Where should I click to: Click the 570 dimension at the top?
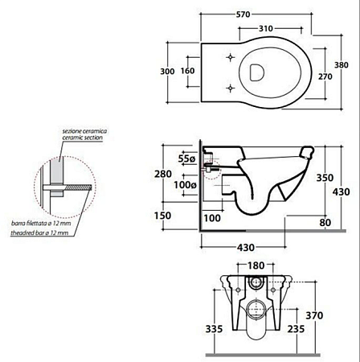[243, 14]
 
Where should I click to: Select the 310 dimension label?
[266, 28]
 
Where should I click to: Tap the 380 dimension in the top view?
[342, 65]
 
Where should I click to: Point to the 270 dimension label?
[325, 76]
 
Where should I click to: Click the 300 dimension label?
[167, 72]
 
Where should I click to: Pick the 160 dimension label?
[187, 71]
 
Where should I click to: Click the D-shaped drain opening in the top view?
[257, 72]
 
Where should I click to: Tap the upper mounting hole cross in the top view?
[231, 57]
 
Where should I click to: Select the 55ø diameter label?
[187, 158]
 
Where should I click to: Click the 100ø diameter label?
[186, 185]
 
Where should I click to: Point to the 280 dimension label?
[163, 174]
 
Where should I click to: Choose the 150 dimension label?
[162, 216]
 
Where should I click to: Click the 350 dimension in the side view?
[325, 178]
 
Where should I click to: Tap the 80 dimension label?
[325, 222]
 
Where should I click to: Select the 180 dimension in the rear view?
[256, 265]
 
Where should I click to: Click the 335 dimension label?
[214, 329]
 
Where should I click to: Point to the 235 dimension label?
[296, 329]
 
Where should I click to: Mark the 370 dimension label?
[314, 315]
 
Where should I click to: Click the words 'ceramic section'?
[83, 138]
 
